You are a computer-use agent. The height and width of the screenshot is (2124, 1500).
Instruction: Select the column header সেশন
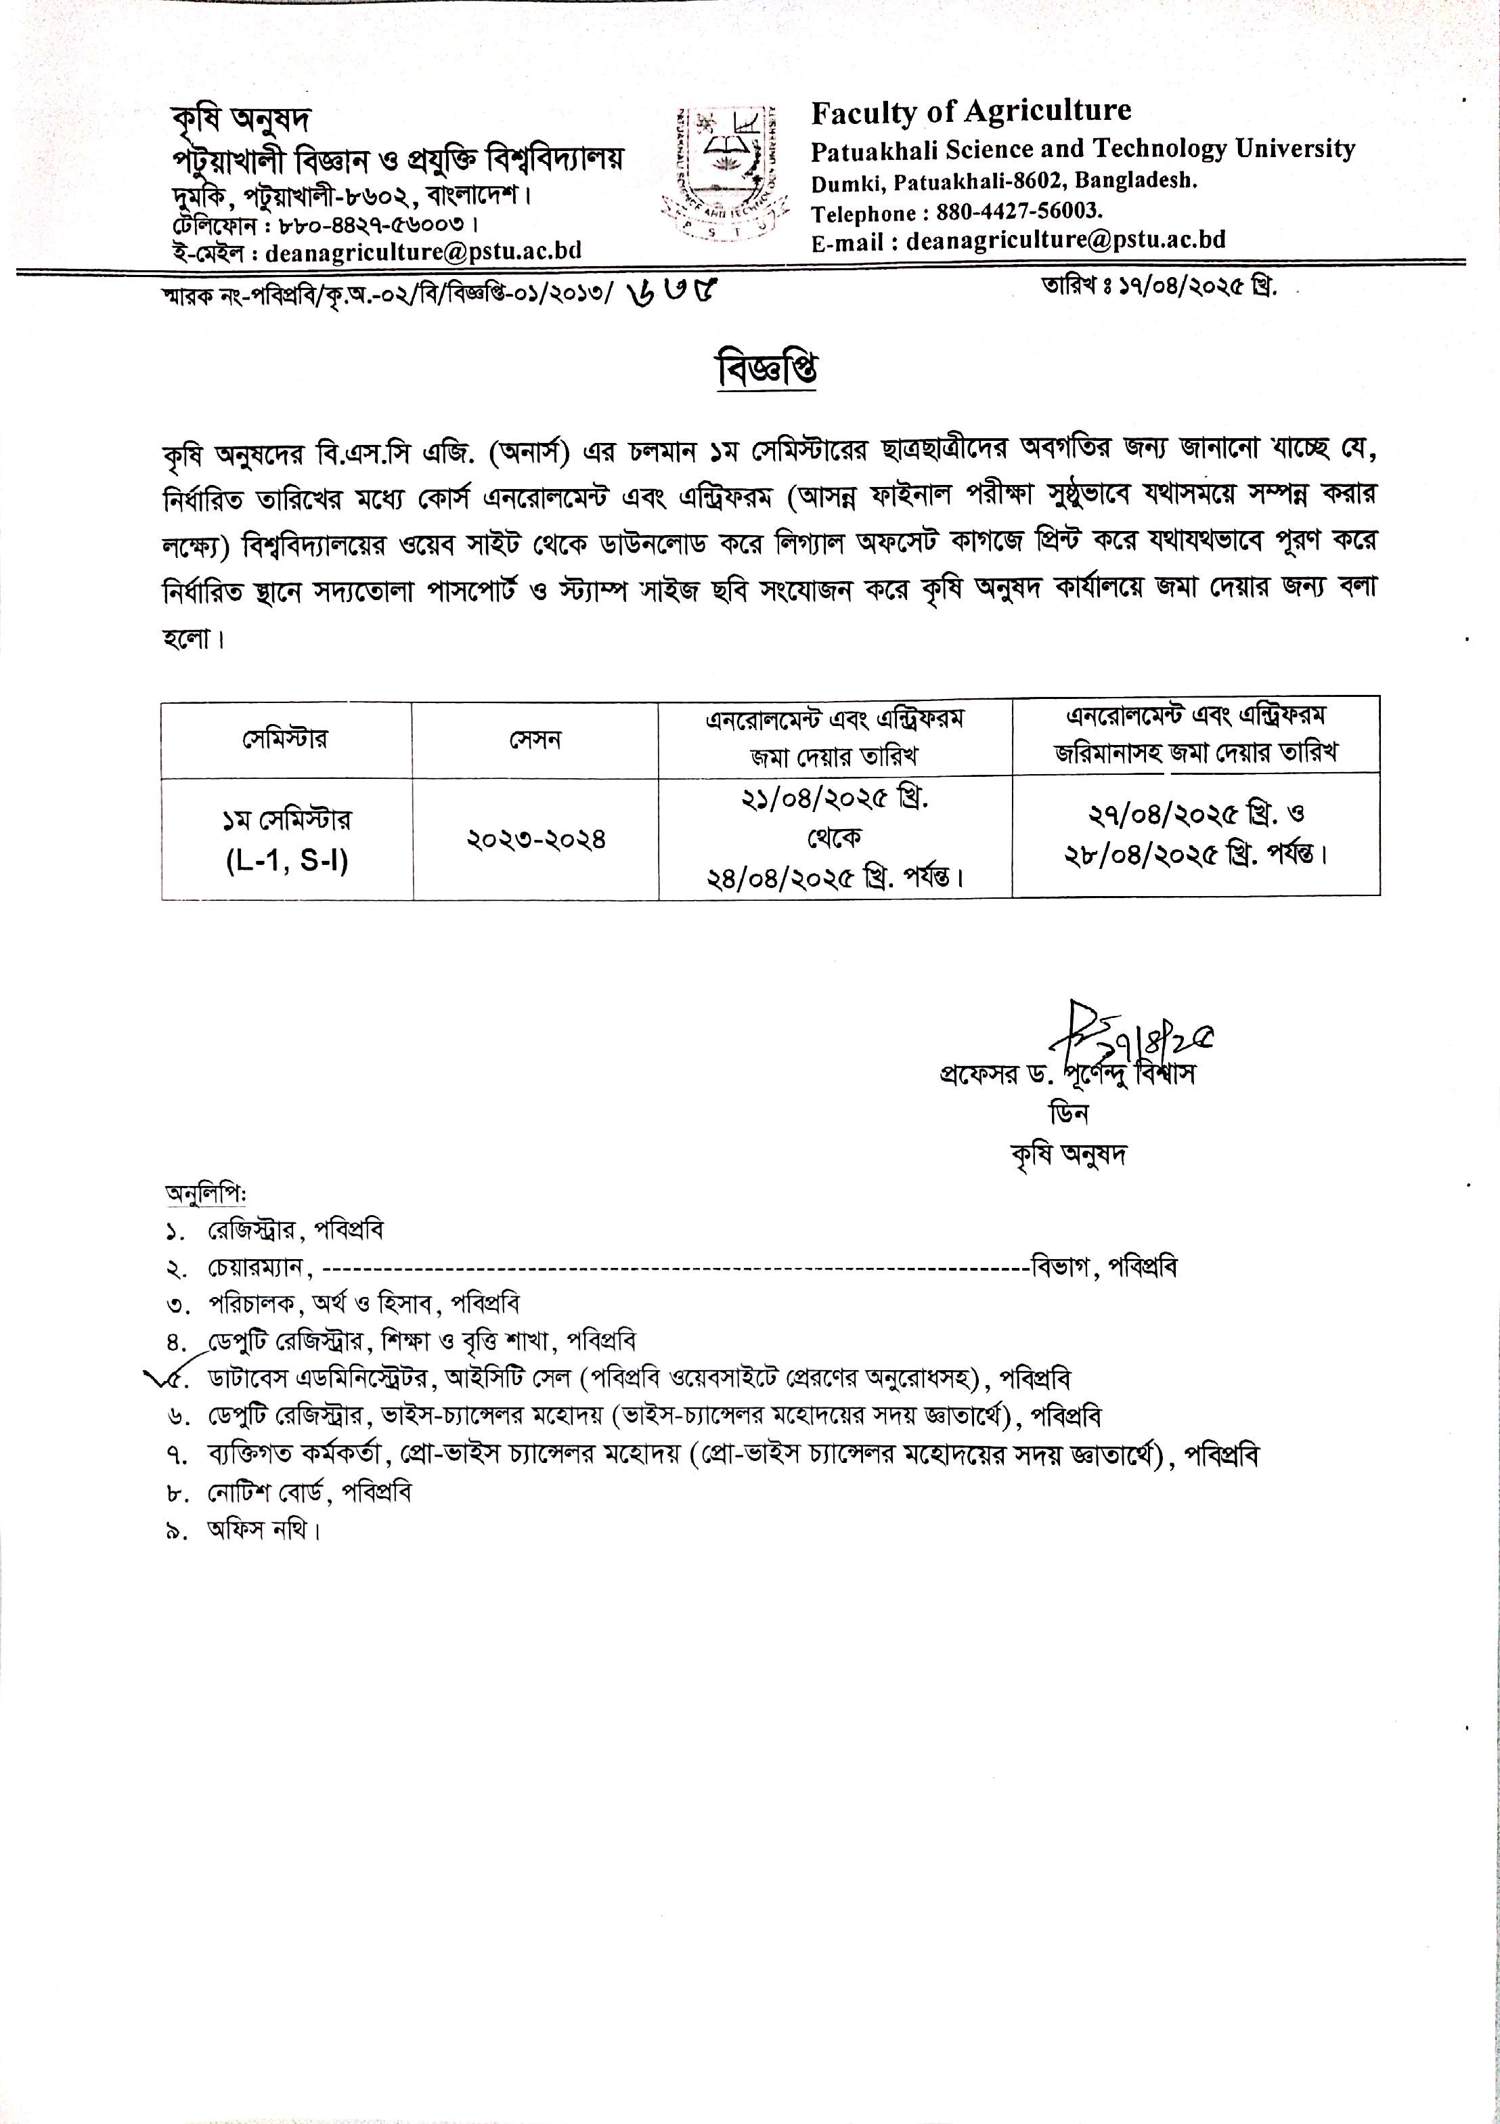535,739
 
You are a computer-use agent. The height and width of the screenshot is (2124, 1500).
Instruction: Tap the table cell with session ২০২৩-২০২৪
535,840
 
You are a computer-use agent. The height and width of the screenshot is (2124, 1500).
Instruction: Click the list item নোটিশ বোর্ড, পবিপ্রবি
310,1492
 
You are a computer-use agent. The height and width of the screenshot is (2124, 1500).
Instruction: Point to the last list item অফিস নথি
263,1530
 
